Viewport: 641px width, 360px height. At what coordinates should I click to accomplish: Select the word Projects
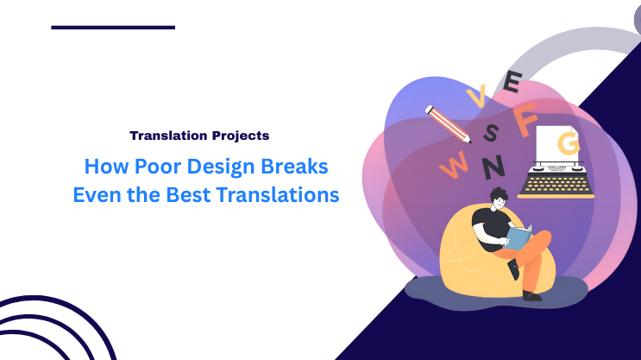239,136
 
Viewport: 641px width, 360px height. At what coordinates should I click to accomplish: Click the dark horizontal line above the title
113,28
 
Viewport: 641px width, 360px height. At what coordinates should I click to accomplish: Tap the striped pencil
449,124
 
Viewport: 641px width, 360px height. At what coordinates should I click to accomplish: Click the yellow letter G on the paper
569,141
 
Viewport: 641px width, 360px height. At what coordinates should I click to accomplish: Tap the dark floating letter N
493,164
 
